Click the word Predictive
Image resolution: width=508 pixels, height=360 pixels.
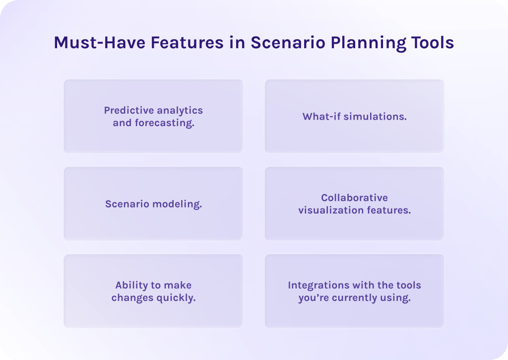tap(127, 110)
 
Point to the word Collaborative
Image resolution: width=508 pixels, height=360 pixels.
tap(354, 198)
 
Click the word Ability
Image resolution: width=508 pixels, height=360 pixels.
tap(131, 285)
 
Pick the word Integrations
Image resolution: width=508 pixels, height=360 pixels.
tap(319, 285)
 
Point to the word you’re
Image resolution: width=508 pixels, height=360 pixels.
tap(312, 298)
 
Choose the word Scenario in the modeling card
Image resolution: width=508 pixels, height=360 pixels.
tap(126, 204)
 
